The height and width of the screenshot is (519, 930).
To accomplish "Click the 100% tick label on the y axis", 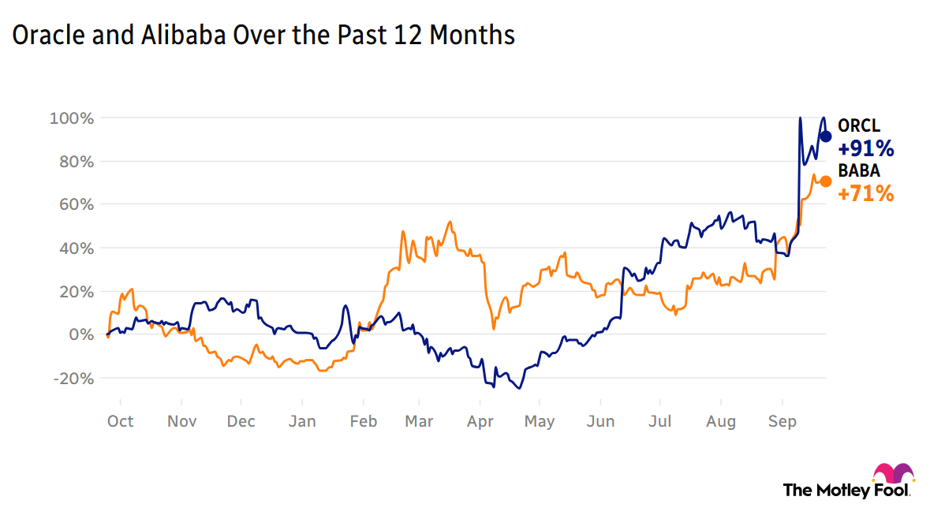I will pos(73,118).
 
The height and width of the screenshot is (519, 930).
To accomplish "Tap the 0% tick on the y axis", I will pos(82,335).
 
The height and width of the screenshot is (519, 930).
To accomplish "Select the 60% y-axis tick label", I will pos(76,205).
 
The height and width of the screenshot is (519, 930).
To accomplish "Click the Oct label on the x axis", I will pos(120,421).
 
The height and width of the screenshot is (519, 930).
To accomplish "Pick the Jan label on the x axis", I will pos(302,421).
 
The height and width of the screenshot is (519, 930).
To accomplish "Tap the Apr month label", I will pos(480,421).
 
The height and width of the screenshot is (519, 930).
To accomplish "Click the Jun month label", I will pos(601,421).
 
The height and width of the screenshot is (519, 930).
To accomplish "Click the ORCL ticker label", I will pos(858,126).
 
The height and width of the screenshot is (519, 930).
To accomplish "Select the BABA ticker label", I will pos(858,170).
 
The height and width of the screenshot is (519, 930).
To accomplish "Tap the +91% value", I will pos(865,148).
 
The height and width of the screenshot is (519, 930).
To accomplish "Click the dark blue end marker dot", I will pos(826,136).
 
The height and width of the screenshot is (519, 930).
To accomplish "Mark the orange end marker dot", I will pos(826,181).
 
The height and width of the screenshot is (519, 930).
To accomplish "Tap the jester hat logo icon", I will pos(893,473).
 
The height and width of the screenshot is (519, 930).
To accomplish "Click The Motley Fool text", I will pos(846,490).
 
